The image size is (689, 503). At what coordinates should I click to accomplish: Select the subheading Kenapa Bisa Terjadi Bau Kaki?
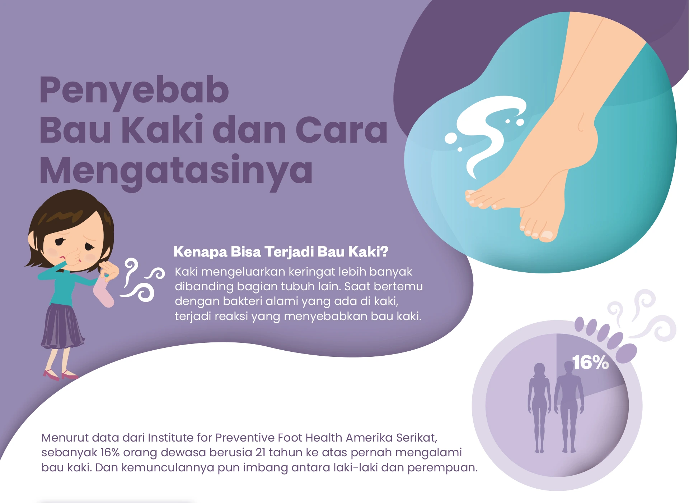(x=281, y=252)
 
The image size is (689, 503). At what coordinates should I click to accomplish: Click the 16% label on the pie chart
(x=590, y=362)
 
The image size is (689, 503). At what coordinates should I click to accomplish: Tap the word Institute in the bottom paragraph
(x=171, y=438)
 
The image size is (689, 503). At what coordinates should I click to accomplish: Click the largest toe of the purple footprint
(x=627, y=353)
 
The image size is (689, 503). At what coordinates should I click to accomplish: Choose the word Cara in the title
(x=342, y=130)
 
